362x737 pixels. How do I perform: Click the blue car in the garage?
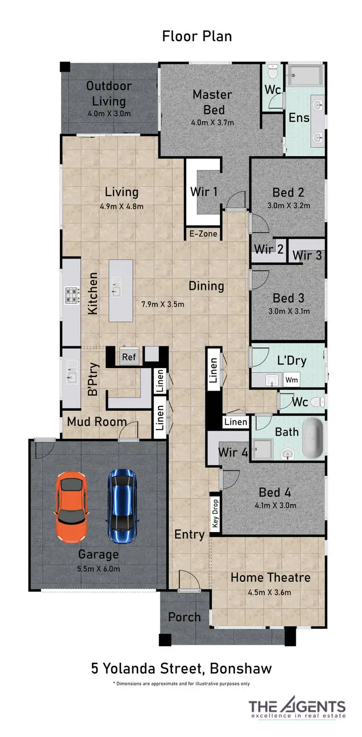click(x=122, y=506)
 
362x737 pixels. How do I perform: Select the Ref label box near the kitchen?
click(x=129, y=357)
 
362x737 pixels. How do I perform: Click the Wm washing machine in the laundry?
click(x=292, y=380)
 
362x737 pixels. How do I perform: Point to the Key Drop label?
click(x=215, y=513)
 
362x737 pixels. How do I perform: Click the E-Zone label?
click(x=203, y=234)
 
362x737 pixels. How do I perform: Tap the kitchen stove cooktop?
click(x=71, y=295)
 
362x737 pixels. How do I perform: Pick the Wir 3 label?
click(x=306, y=255)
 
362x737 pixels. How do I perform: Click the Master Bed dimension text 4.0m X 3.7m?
click(x=212, y=122)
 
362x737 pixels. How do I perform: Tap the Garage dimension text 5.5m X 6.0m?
click(x=99, y=569)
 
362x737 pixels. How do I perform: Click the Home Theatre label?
click(x=271, y=577)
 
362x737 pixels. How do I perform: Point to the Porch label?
click(x=184, y=617)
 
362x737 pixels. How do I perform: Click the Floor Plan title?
click(x=197, y=36)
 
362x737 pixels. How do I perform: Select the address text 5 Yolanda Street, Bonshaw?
click(x=181, y=668)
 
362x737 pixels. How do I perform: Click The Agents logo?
click(x=297, y=708)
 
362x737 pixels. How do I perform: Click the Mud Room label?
click(x=97, y=422)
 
